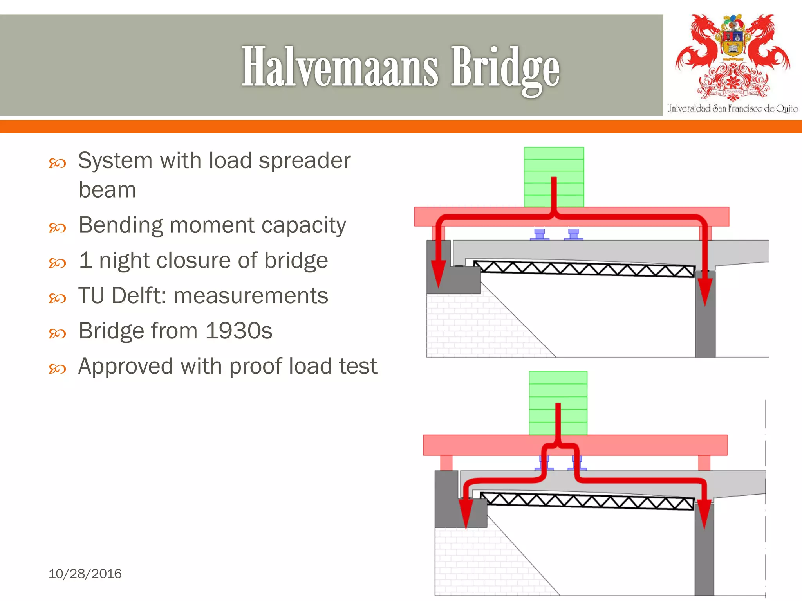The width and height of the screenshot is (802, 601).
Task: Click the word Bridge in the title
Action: (x=505, y=68)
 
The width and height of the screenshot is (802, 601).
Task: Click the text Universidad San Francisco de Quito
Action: (x=732, y=108)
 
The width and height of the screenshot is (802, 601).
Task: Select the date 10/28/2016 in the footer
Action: (x=85, y=574)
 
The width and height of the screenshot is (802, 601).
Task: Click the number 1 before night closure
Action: (x=85, y=260)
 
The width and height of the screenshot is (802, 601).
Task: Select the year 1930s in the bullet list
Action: (x=238, y=331)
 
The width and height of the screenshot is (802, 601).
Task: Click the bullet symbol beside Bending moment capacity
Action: (x=57, y=227)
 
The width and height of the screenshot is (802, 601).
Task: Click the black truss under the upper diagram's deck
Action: (x=583, y=269)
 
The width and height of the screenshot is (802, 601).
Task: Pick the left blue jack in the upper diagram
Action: (x=539, y=234)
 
